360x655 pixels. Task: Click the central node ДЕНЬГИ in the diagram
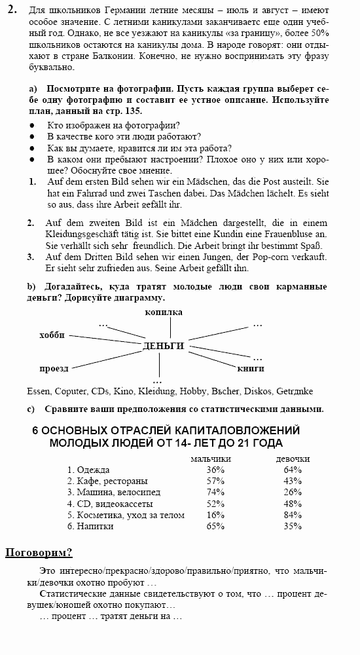pos(163,346)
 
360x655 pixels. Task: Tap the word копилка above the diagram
pos(163,312)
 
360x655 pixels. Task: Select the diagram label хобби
pos(52,335)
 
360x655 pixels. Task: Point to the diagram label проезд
pos(54,368)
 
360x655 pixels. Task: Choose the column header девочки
pos(293,458)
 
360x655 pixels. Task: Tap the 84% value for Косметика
pos(293,515)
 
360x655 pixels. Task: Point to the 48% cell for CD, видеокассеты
pos(293,504)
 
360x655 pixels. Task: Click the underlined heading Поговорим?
pos(39,552)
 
